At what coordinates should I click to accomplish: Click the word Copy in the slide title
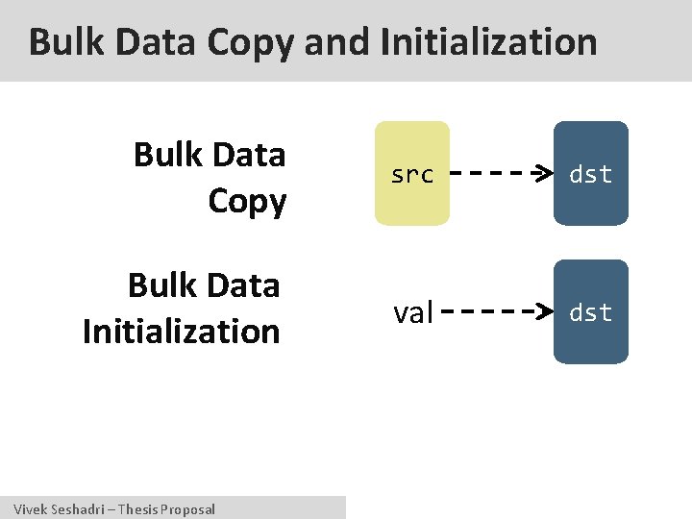[251, 42]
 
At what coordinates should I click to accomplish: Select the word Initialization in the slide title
[489, 42]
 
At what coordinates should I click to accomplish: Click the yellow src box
[412, 174]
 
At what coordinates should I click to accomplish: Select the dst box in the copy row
[590, 174]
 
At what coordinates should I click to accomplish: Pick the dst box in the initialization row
[590, 312]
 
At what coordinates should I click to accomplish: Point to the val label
[413, 312]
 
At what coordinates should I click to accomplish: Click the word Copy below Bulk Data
[247, 202]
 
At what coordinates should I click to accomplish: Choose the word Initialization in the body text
[182, 332]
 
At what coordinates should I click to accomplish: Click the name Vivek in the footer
[29, 509]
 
